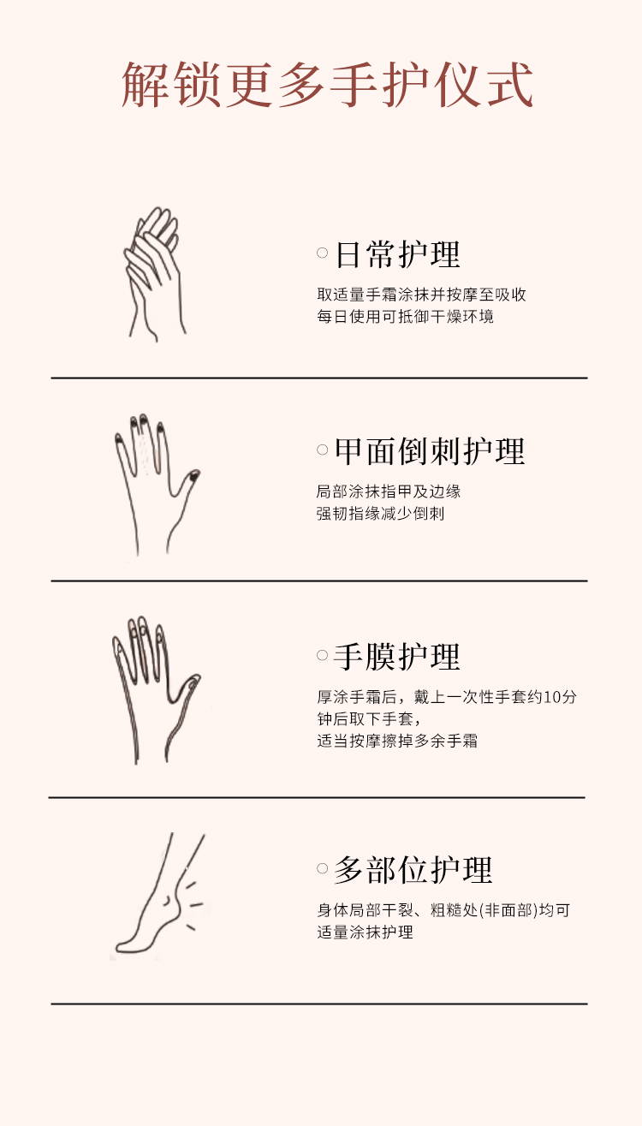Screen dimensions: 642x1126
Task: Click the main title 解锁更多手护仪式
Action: (x=327, y=85)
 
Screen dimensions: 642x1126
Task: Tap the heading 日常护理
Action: (x=397, y=254)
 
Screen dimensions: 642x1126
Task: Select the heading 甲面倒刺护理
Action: (x=430, y=451)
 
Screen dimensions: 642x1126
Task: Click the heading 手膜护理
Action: (x=397, y=657)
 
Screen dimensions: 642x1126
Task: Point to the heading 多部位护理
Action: (x=413, y=870)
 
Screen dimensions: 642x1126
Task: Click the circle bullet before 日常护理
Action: (x=323, y=253)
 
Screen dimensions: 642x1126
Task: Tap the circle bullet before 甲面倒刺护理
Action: (x=323, y=450)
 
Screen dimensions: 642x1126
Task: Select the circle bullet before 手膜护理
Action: (x=323, y=655)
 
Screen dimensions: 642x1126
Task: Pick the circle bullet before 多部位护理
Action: (x=323, y=868)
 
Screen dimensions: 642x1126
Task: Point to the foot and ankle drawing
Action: (x=160, y=894)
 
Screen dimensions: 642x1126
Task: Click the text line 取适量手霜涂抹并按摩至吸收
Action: (x=421, y=295)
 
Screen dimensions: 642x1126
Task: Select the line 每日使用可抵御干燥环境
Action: (x=406, y=317)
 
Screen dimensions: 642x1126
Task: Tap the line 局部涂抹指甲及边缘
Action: (x=389, y=492)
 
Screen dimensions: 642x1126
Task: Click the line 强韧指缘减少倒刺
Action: (x=380, y=513)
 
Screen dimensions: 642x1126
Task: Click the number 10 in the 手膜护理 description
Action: (x=551, y=697)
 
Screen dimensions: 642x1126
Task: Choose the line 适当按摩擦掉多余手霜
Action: (x=397, y=741)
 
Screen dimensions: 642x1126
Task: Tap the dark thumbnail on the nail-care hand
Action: (x=193, y=474)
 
